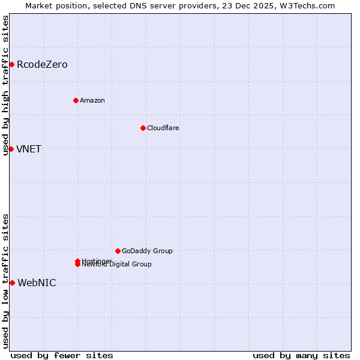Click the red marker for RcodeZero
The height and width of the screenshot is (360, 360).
(11, 64)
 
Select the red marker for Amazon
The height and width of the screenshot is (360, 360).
(76, 100)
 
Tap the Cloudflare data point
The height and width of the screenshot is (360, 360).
(143, 128)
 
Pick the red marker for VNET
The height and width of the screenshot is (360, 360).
(11, 149)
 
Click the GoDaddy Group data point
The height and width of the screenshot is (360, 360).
(118, 251)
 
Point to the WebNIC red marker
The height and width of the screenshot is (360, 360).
(12, 283)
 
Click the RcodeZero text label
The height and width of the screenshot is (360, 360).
(42, 64)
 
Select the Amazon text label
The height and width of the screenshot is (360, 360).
(92, 100)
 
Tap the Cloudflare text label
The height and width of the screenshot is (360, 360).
(163, 128)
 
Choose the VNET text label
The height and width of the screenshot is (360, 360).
(29, 149)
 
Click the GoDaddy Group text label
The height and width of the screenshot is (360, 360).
(147, 251)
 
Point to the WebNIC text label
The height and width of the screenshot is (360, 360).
(37, 283)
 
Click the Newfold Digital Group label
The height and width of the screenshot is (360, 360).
(118, 265)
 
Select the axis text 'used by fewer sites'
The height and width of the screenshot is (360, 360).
(62, 355)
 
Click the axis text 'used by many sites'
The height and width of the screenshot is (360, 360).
(301, 355)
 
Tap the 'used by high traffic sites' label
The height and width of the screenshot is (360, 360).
(5, 85)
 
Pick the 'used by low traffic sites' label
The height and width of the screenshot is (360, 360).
(5, 281)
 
